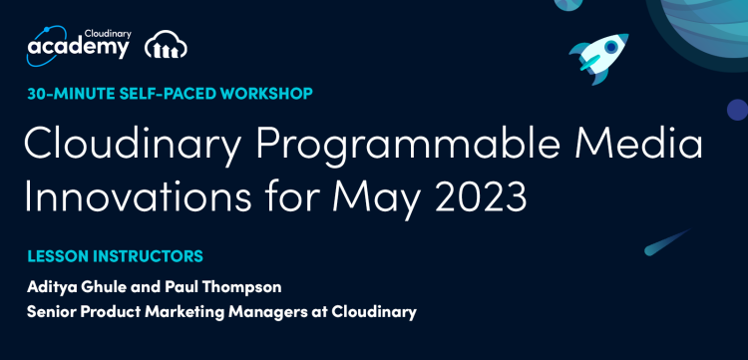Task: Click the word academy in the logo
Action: (78, 47)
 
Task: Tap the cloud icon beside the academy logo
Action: (166, 46)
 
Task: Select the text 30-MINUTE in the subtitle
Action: (66, 94)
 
